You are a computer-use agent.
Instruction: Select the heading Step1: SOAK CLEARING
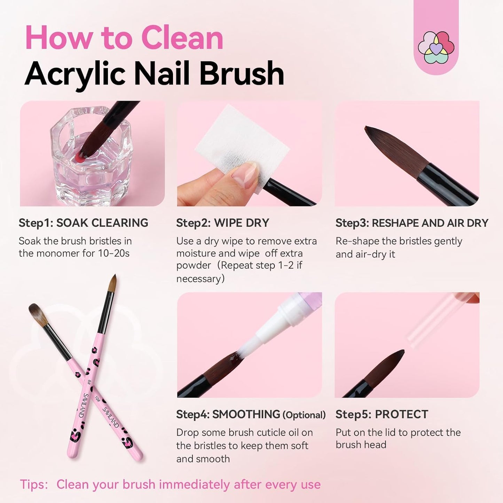click(84, 223)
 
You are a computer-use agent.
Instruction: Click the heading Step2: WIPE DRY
click(223, 223)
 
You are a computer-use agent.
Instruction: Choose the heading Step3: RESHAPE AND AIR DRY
click(412, 223)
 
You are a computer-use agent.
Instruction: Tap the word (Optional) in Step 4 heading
click(304, 415)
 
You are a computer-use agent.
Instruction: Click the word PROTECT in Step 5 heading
click(401, 414)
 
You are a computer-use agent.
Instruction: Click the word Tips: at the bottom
click(34, 485)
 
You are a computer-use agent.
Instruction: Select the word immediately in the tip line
click(195, 485)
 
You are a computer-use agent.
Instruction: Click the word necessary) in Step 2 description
click(201, 279)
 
